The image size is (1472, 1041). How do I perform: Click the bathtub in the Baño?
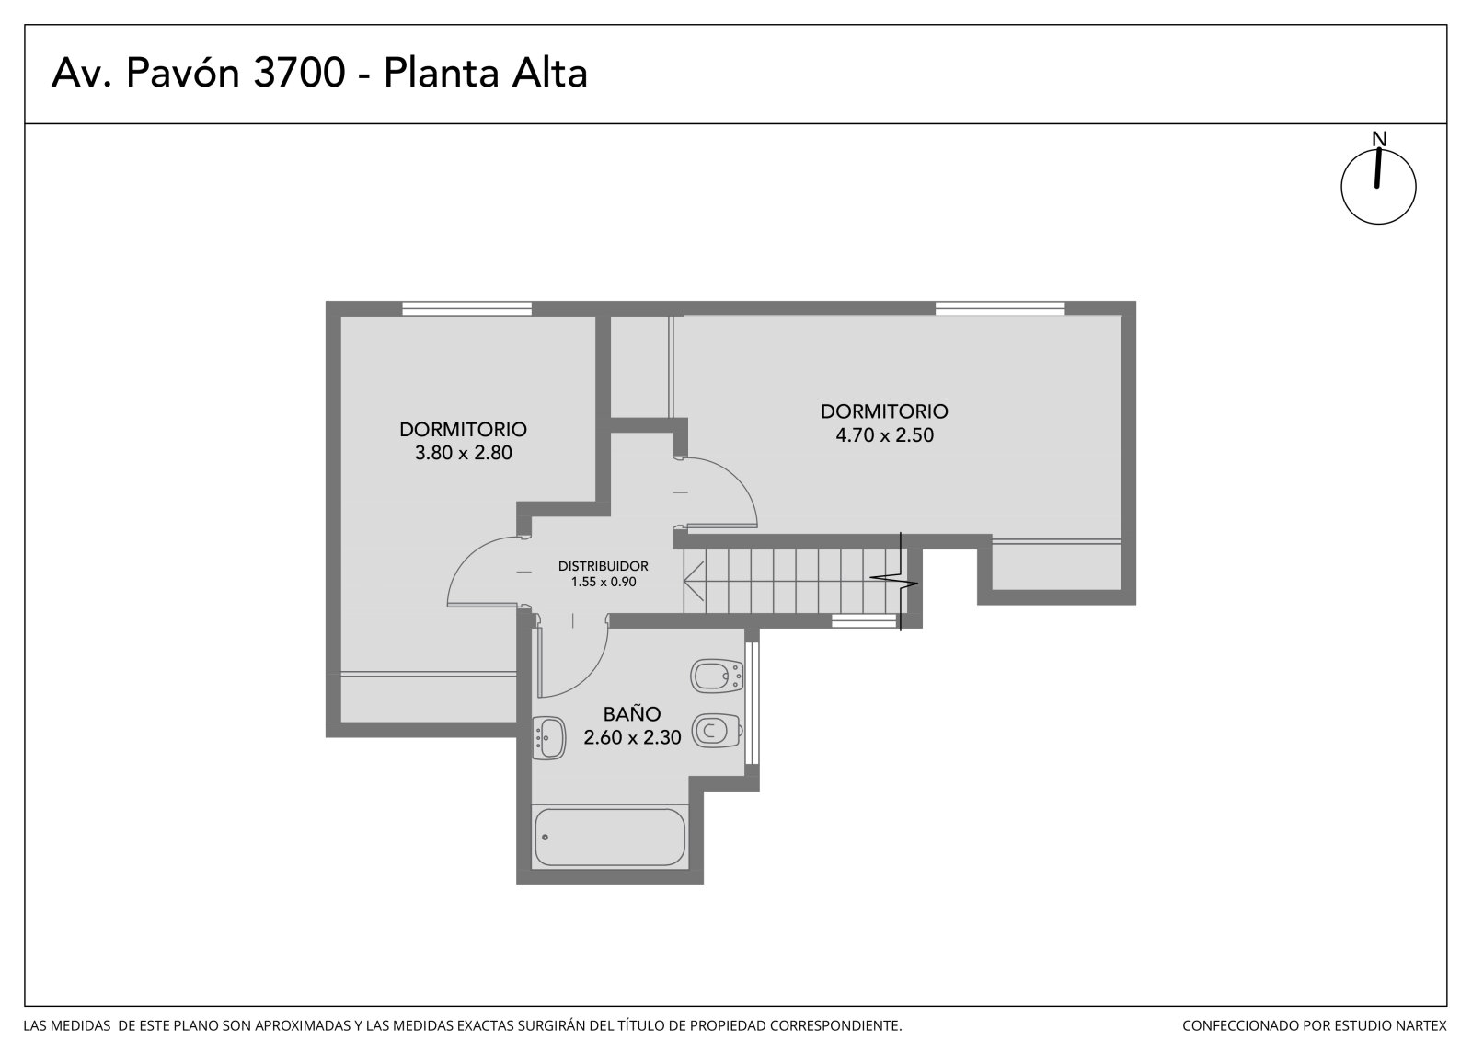[x=609, y=838]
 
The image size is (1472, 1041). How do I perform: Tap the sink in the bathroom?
[x=548, y=738]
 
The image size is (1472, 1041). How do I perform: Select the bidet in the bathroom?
[x=717, y=676]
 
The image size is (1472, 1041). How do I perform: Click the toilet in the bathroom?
[x=718, y=730]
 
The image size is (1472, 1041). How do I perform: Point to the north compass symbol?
[x=1379, y=186]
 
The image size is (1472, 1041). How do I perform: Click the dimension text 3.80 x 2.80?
[x=464, y=453]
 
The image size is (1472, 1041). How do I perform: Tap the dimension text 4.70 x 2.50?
[x=884, y=435]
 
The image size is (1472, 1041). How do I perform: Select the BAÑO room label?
[x=632, y=713]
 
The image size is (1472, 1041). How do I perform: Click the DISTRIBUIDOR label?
[x=604, y=566]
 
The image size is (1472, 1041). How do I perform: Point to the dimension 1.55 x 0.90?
[x=604, y=582]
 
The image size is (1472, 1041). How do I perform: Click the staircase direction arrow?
[x=694, y=582]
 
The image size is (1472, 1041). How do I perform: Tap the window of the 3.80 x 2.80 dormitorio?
[x=466, y=308]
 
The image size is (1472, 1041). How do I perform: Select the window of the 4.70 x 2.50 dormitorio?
[x=999, y=308]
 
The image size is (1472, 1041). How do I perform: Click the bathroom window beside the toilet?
[x=753, y=703]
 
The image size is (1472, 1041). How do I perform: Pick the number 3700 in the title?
[x=299, y=73]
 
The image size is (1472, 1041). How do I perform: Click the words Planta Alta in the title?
[x=486, y=73]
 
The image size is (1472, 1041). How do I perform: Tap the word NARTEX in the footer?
[x=1422, y=1025]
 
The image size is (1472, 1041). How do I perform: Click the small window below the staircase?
[x=864, y=620]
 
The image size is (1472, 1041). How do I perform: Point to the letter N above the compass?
[x=1379, y=139]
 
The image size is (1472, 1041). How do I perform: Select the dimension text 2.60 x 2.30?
[x=632, y=738]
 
